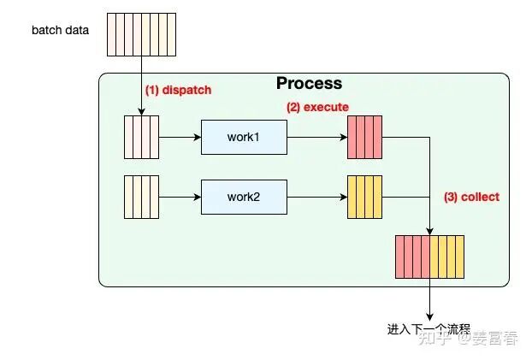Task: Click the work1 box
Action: pyautogui.click(x=244, y=137)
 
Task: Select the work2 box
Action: pyautogui.click(x=244, y=196)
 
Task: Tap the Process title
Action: pyautogui.click(x=309, y=84)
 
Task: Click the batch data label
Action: pyautogui.click(x=60, y=31)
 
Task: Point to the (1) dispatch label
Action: pyautogui.click(x=177, y=90)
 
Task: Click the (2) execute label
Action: pyautogui.click(x=317, y=107)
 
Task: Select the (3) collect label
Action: pyautogui.click(x=471, y=197)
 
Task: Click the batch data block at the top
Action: pyautogui.click(x=141, y=34)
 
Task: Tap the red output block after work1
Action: pyautogui.click(x=364, y=137)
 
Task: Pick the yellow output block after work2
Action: pyautogui.click(x=364, y=196)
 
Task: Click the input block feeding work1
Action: pyautogui.click(x=141, y=137)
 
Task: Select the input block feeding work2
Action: pyautogui.click(x=141, y=196)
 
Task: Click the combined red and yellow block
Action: pyautogui.click(x=429, y=257)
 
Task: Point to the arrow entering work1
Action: pyautogui.click(x=180, y=137)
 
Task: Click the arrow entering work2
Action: pyautogui.click(x=180, y=196)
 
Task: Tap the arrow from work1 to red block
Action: pyautogui.click(x=316, y=137)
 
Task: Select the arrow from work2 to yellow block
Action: pyautogui.click(x=316, y=196)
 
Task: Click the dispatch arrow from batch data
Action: pyautogui.click(x=141, y=86)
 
